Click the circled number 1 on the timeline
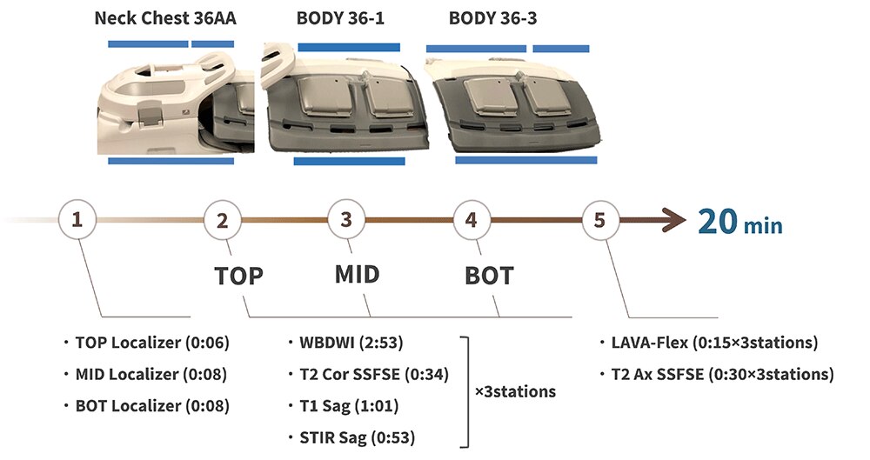click(x=77, y=221)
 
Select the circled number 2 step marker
click(x=223, y=221)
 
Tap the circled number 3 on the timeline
click(x=346, y=221)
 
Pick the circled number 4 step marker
click(x=471, y=221)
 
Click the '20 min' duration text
click(x=739, y=223)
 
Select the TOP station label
click(x=238, y=277)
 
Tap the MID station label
click(x=358, y=275)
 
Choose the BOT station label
click(x=488, y=277)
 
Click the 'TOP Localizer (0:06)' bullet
click(x=151, y=343)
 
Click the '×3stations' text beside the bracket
click(x=515, y=391)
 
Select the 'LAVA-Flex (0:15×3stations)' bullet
click(x=713, y=343)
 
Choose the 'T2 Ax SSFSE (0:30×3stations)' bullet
click(x=720, y=375)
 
